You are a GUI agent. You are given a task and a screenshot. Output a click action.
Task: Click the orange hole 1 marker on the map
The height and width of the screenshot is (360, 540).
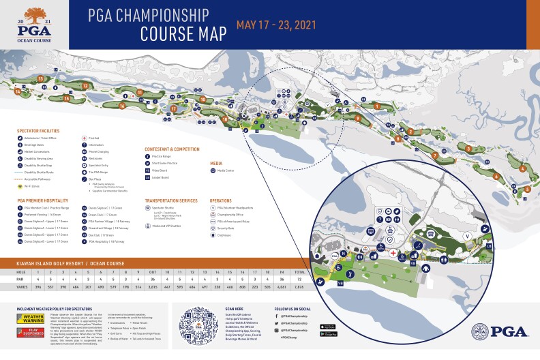click(377, 106)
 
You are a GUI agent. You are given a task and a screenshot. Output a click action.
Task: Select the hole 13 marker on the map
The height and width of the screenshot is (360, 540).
click(41, 79)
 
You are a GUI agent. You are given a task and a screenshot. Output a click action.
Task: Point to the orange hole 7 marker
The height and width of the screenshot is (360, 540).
click(434, 156)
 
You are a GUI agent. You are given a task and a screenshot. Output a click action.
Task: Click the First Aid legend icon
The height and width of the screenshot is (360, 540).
click(84, 138)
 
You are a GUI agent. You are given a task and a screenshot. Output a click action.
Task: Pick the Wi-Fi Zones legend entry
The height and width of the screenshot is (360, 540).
click(27, 185)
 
